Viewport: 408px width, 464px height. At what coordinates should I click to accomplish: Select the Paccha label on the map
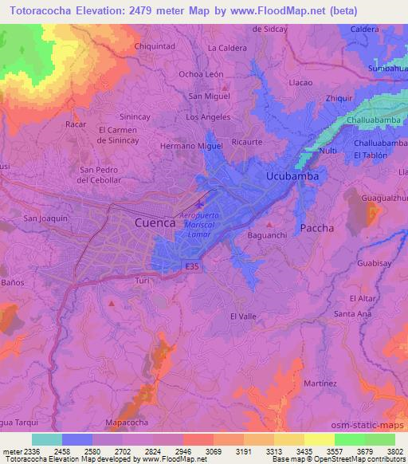[317, 228]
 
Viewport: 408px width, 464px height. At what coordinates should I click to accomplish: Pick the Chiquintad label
[155, 46]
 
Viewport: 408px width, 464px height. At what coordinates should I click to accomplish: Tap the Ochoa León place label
[201, 74]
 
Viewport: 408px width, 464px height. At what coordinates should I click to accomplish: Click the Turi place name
[143, 281]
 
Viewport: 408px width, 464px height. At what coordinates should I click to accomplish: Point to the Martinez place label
[320, 383]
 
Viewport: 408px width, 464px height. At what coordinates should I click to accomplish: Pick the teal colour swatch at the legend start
[47, 439]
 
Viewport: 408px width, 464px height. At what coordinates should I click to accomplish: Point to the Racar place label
[76, 125]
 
